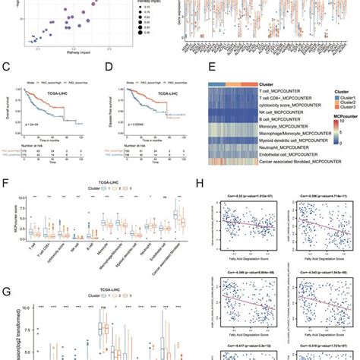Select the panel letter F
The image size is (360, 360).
click(x=7, y=184)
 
